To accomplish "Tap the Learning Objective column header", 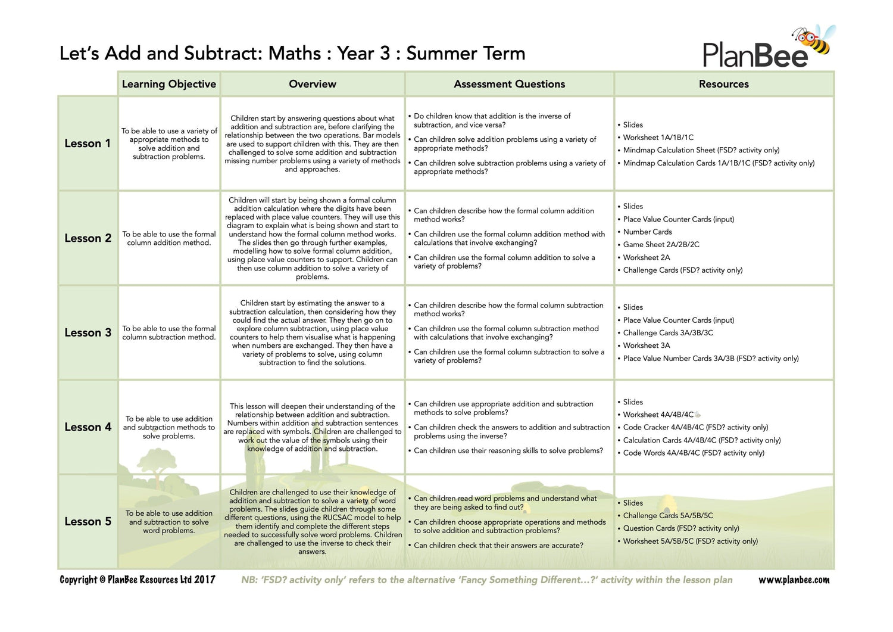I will [x=169, y=84].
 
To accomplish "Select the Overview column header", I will [x=313, y=84].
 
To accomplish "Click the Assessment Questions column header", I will [x=509, y=84].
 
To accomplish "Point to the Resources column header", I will [x=723, y=84].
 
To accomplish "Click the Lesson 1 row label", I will [x=88, y=144].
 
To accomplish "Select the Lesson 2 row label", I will [x=88, y=238].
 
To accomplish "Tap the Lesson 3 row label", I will [x=88, y=332].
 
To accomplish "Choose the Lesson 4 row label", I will [x=88, y=427].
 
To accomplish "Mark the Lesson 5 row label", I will [x=88, y=521].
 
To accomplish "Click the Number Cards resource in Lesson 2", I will [x=647, y=232].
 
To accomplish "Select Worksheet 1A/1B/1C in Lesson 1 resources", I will [x=658, y=137].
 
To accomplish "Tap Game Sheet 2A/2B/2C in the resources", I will [x=661, y=244].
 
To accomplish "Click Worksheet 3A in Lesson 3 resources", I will [x=646, y=345].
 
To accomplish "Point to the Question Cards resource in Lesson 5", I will [x=680, y=528].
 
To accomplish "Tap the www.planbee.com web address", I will [x=794, y=580].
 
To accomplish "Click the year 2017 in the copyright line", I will [x=204, y=580].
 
